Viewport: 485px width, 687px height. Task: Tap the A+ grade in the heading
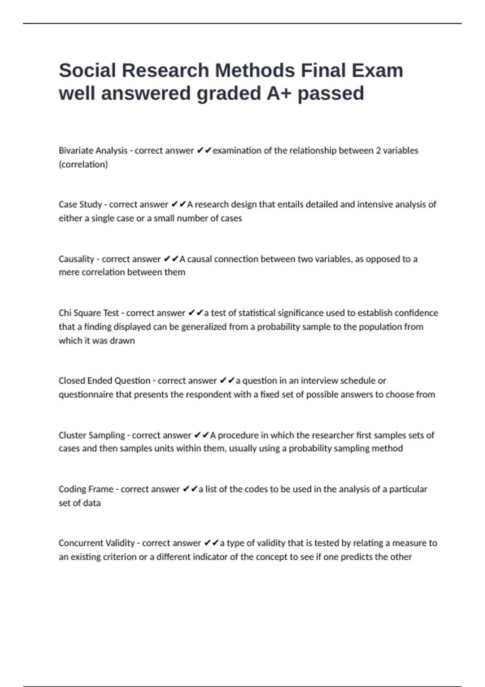279,93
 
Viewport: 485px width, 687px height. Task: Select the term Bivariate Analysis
93,151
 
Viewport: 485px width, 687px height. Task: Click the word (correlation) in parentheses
83,164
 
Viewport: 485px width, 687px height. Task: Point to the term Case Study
80,204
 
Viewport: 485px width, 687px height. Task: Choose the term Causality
76,259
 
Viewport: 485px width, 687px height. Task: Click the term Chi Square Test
89,313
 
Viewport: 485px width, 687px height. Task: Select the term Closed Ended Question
104,381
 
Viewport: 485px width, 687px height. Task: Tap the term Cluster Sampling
92,435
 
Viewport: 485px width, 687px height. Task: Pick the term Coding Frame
86,489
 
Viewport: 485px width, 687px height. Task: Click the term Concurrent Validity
97,543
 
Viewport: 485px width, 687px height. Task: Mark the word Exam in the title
377,70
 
